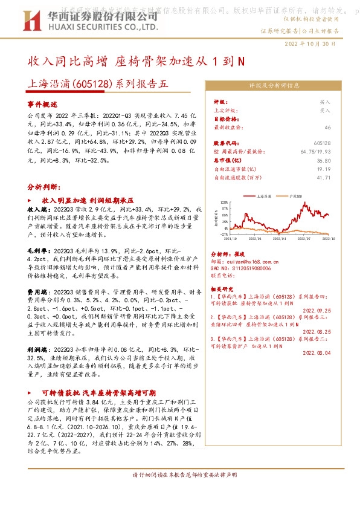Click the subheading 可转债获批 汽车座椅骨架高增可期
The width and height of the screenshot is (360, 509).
[98, 391]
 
